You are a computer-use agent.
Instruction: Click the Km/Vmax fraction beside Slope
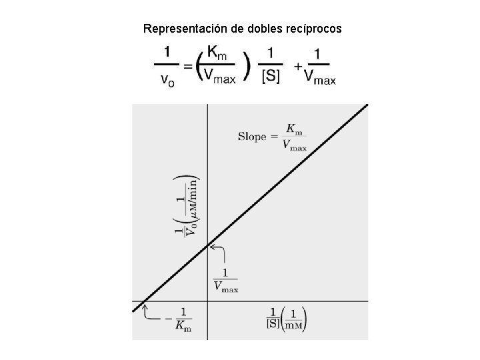[293, 137]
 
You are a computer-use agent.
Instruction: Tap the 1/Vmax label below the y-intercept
[225, 279]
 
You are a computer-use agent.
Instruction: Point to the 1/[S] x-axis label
[273, 318]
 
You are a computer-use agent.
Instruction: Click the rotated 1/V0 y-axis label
[191, 207]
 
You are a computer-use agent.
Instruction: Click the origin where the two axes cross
[208, 301]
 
